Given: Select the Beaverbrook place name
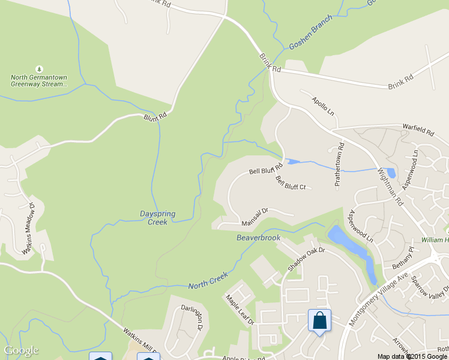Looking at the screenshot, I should pyautogui.click(x=259, y=238).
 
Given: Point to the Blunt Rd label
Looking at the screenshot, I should pyautogui.click(x=154, y=117).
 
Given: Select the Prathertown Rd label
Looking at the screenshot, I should pyautogui.click(x=340, y=163).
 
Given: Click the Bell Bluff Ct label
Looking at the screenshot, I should pyautogui.click(x=291, y=182).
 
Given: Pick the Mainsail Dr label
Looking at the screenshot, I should pyautogui.click(x=254, y=217).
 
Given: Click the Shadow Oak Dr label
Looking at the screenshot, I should pyautogui.click(x=306, y=259).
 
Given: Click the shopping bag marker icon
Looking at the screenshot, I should pyautogui.click(x=319, y=320).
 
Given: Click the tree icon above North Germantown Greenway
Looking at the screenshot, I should pyautogui.click(x=40, y=69).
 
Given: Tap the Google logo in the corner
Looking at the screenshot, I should pyautogui.click(x=21, y=350).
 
